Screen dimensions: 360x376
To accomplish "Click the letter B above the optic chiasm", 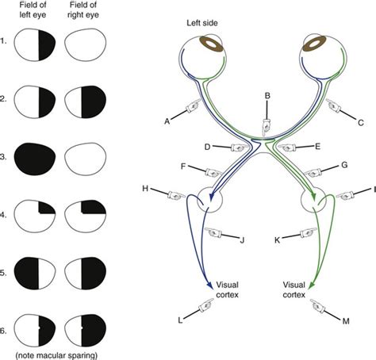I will (x=267, y=97).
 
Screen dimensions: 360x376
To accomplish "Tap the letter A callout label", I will (x=168, y=121).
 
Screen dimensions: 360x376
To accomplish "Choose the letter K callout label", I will (x=278, y=238).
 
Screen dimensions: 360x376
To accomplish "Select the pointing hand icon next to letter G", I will (x=315, y=171).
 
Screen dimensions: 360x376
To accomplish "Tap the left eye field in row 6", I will (x=36, y=327).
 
